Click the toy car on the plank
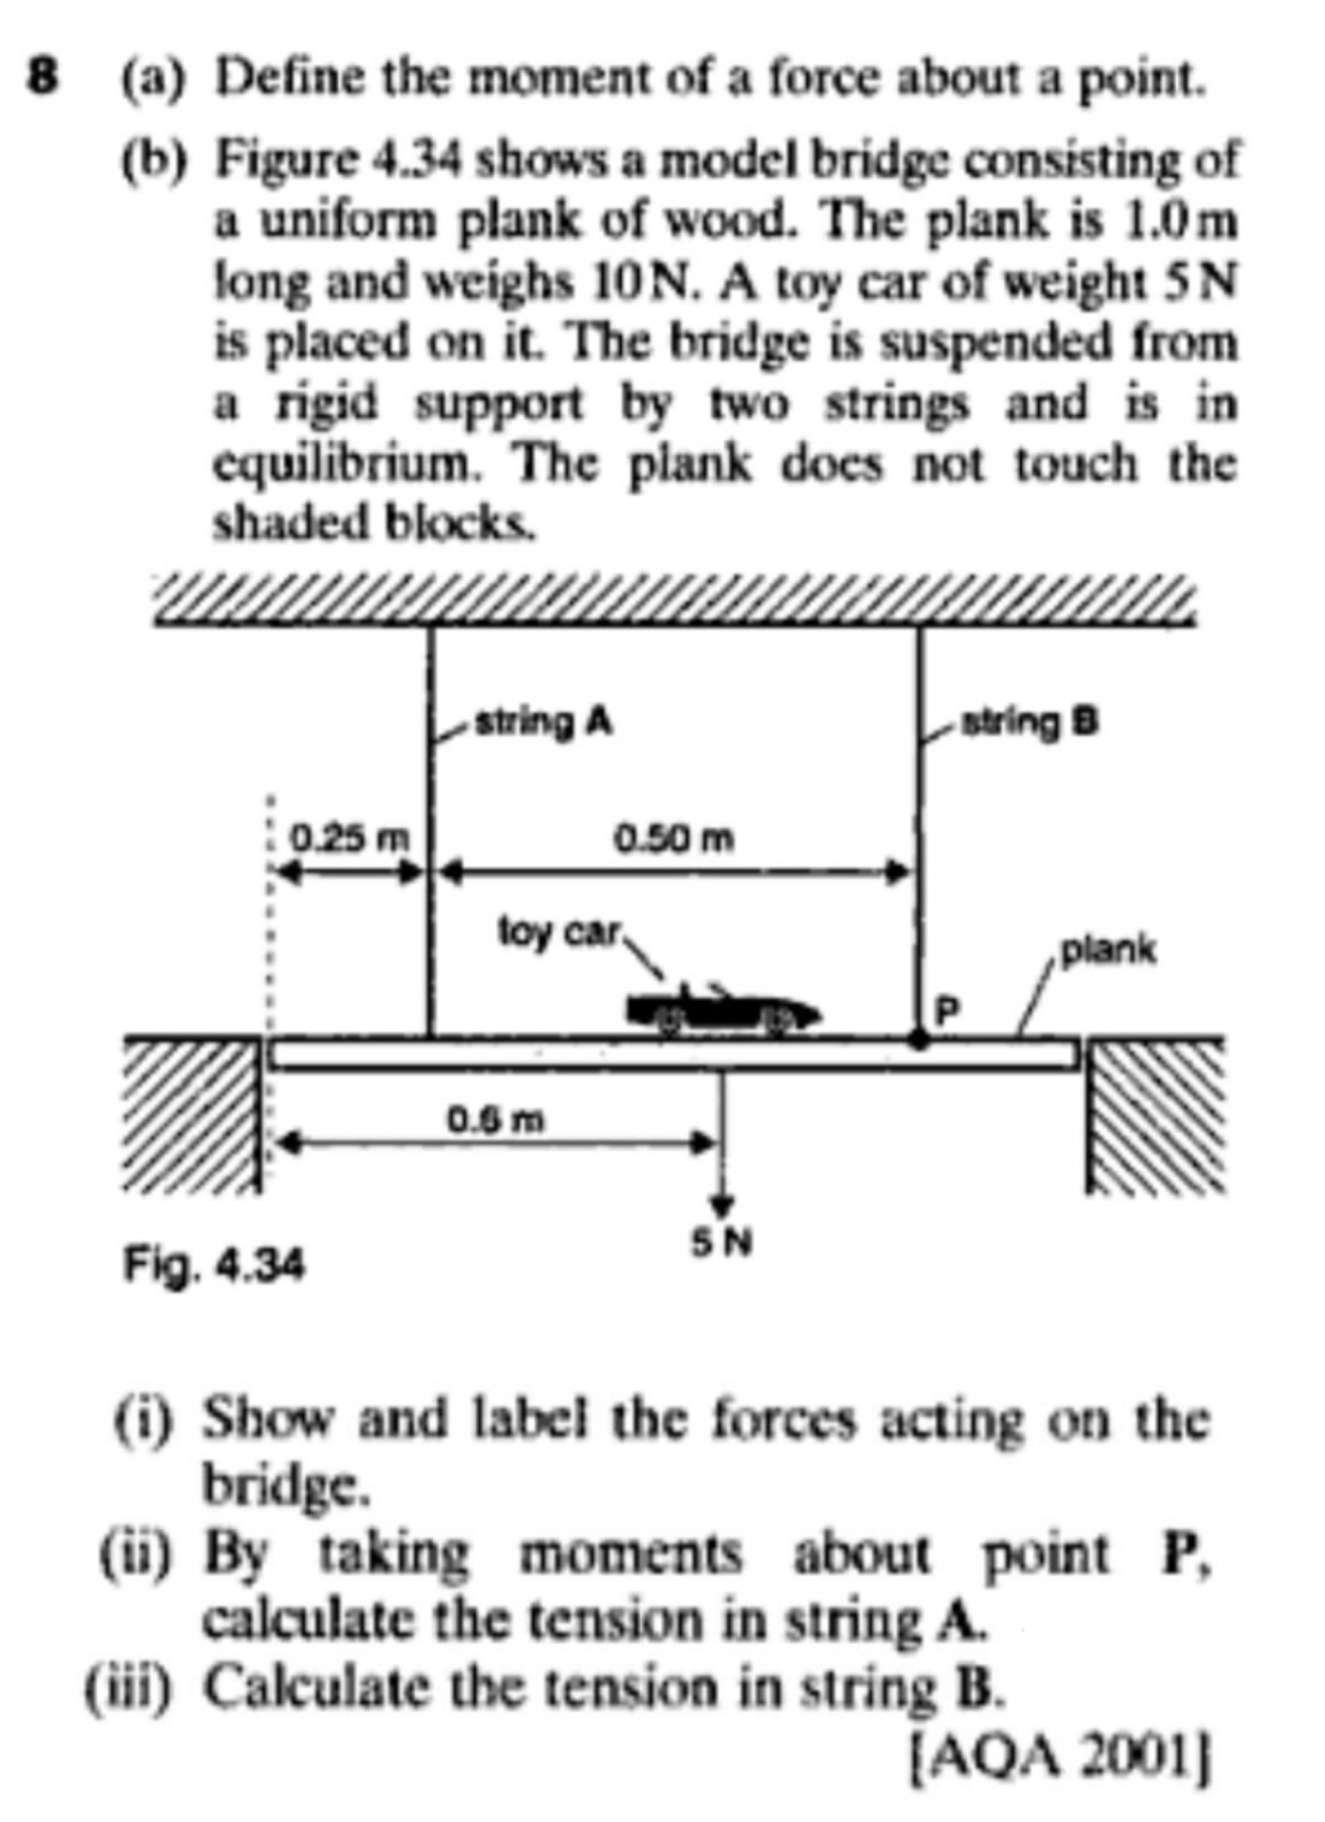[x=723, y=1011]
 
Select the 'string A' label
[x=543, y=722]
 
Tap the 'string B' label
[x=1028, y=722]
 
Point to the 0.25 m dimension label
[x=349, y=839]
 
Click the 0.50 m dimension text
[x=674, y=839]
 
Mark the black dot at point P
[x=920, y=1041]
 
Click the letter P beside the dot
[x=949, y=1010]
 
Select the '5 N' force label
[x=723, y=1242]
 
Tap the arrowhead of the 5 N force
[x=723, y=1204]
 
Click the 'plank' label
[x=1108, y=950]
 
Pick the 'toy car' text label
[x=559, y=932]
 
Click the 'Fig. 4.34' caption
[x=214, y=1266]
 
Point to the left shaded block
[x=193, y=1112]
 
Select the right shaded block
[x=1155, y=1112]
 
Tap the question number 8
[x=42, y=77]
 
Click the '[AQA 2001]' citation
[x=1061, y=1760]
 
